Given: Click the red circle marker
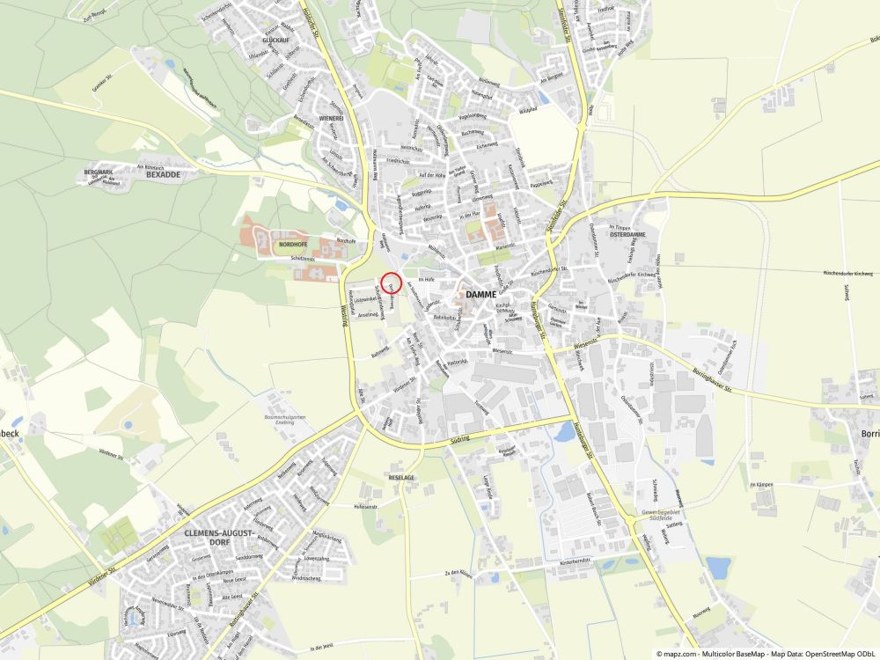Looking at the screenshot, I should [392, 282].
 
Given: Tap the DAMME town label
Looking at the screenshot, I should [482, 294].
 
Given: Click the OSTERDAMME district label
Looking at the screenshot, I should [627, 235].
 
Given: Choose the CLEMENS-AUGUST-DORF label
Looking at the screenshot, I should [219, 538].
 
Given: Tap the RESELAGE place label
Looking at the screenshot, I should [401, 477].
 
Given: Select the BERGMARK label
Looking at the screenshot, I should [99, 171].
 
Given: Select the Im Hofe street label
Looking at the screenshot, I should [427, 279].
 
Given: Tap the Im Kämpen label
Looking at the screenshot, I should [760, 485].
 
